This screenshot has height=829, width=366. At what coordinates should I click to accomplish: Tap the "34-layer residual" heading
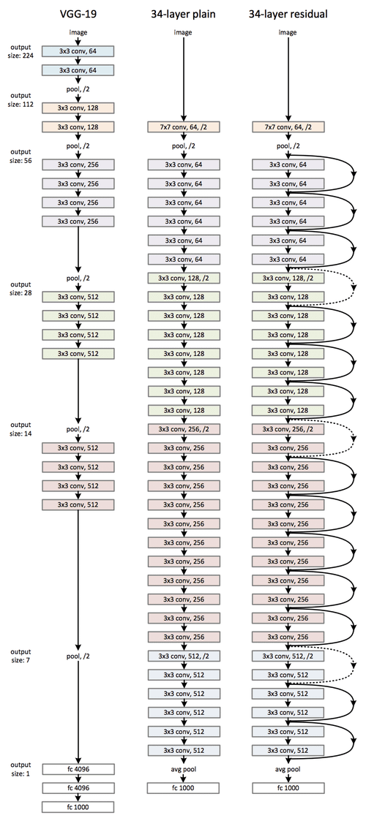tap(289, 12)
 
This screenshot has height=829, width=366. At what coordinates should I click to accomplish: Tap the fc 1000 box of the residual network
tap(288, 788)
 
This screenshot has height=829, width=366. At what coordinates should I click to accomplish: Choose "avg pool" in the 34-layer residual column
tap(288, 769)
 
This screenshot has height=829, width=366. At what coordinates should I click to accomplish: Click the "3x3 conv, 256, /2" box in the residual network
tap(288, 429)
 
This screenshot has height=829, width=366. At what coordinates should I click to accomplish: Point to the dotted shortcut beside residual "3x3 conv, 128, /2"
tap(354, 289)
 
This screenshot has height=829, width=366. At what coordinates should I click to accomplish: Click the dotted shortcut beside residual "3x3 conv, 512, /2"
tap(354, 665)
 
